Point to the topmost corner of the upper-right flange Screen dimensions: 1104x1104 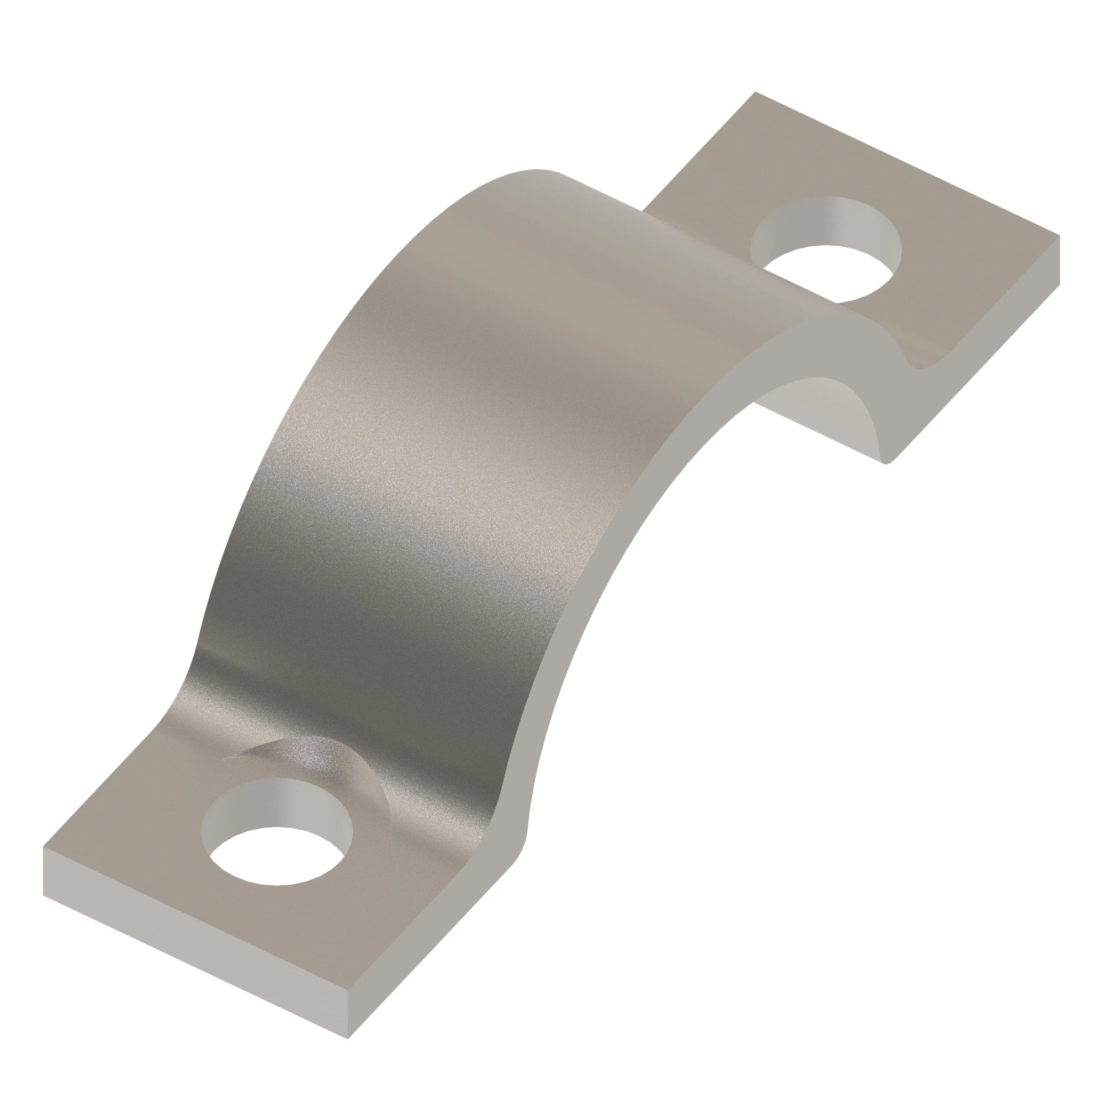click(x=756, y=93)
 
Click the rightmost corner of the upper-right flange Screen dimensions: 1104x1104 click(x=1059, y=236)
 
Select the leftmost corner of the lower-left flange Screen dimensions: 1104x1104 click(x=44, y=847)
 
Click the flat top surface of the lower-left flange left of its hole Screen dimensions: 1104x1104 click(x=143, y=857)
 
